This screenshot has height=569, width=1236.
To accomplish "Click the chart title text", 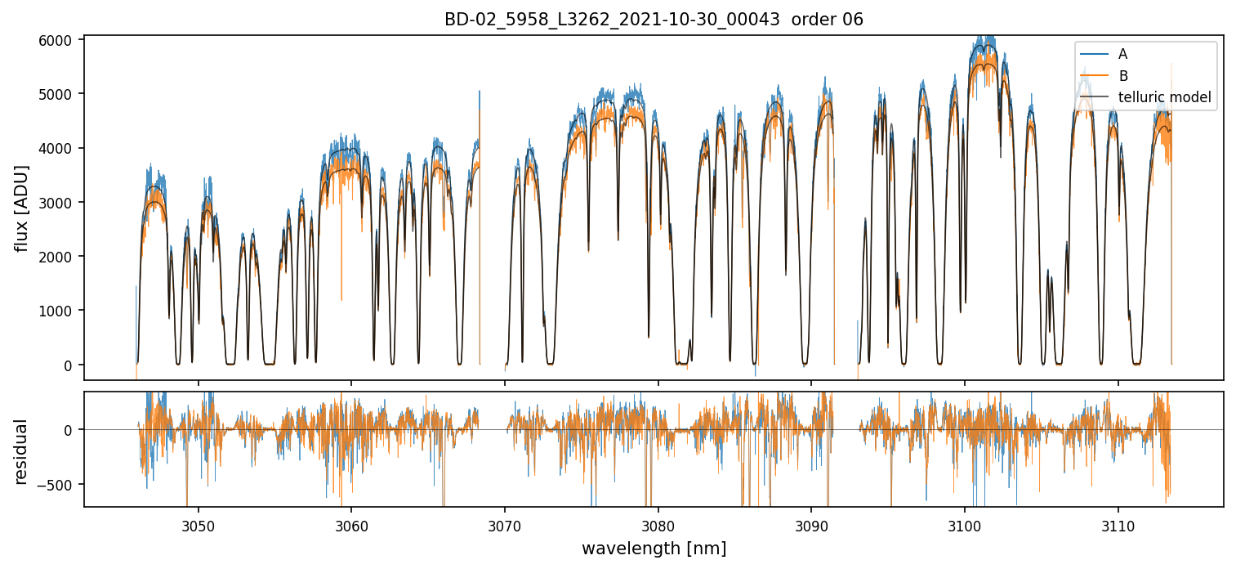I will click(654, 20).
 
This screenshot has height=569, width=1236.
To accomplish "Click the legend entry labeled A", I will click(1122, 54).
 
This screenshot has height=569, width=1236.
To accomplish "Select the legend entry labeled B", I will click(1122, 76).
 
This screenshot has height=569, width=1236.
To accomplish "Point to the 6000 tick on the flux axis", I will click(62, 39).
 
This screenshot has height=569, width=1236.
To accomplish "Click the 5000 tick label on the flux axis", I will click(62, 94).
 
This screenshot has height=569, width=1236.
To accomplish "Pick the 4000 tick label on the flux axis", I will click(62, 148).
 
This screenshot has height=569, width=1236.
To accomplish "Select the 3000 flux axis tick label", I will click(62, 203).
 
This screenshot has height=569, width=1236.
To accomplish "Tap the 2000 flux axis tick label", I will click(62, 257).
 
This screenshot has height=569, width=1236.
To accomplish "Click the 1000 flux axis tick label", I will click(62, 311).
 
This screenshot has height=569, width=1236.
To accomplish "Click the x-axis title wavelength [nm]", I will click(654, 548).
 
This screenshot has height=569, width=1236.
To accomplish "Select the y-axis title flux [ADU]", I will click(22, 208).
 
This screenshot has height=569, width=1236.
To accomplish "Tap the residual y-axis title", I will click(22, 451).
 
